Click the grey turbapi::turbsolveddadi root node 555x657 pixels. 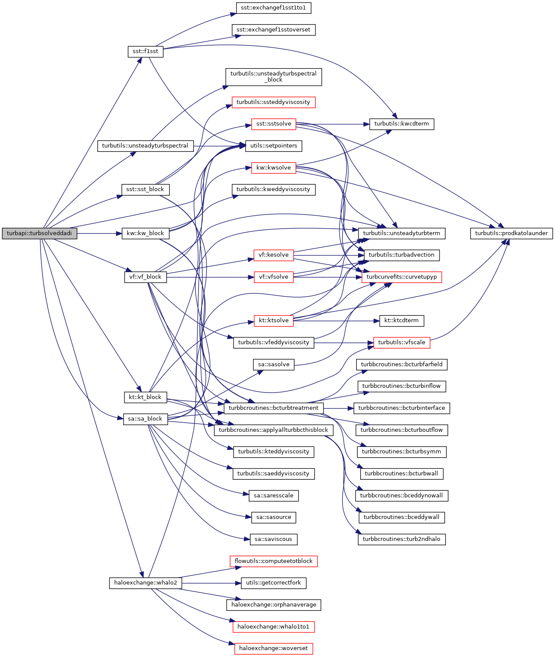click(x=40, y=233)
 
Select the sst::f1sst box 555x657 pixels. click(x=145, y=51)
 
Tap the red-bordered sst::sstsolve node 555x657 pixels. click(x=274, y=124)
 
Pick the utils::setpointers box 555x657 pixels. click(x=274, y=146)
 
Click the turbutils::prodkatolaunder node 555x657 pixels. click(x=511, y=233)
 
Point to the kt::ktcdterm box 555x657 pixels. click(x=401, y=321)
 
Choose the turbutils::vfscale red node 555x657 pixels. click(x=402, y=343)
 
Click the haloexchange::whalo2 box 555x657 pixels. click(x=145, y=583)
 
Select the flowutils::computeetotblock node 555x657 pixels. click(x=274, y=561)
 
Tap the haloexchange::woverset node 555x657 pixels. click(x=274, y=648)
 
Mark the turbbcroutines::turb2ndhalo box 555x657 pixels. click(x=401, y=539)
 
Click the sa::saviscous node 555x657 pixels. click(x=273, y=539)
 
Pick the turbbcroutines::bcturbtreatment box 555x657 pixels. click(x=274, y=408)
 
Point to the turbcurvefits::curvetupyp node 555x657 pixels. click(x=402, y=277)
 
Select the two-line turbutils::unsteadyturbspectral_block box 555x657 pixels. click(x=274, y=77)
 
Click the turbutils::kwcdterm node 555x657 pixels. click(x=402, y=124)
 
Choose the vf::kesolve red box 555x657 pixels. click(x=274, y=255)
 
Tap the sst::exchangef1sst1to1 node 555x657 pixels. click(x=274, y=8)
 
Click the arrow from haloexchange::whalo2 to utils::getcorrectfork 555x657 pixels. click(x=211, y=583)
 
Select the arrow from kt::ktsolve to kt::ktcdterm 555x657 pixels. click(x=336, y=321)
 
